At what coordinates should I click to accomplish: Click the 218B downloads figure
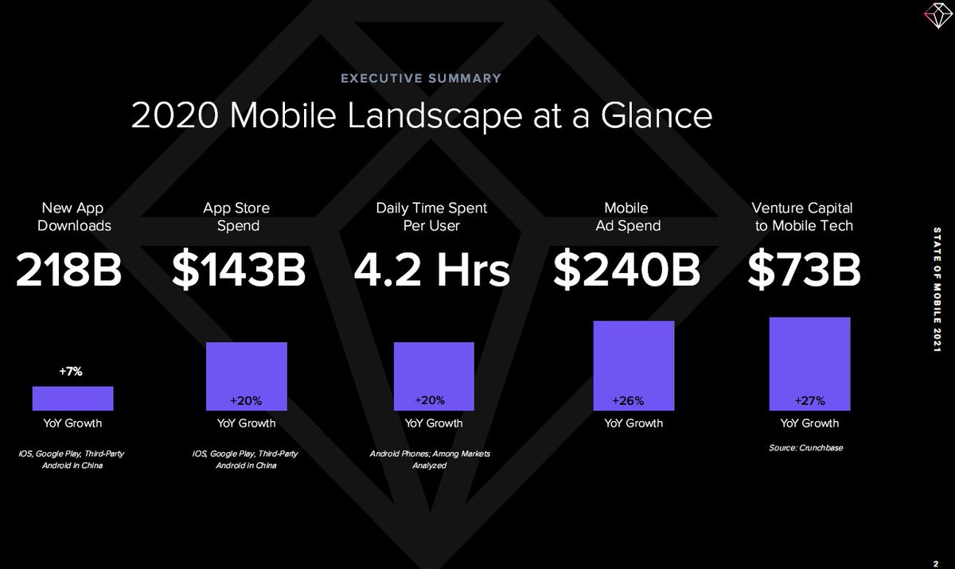(69, 271)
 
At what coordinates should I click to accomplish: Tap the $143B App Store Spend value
(239, 271)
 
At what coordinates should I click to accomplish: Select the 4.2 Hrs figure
(431, 271)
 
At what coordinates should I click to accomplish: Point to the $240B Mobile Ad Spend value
(627, 271)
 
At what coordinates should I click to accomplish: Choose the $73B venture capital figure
(804, 271)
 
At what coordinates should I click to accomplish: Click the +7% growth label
(71, 371)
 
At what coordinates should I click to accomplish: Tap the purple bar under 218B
(72, 398)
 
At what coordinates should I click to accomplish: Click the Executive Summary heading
(421, 78)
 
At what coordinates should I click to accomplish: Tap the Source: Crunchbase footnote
(805, 448)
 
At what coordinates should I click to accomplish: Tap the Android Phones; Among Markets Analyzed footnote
(431, 459)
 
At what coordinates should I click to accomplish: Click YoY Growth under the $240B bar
(633, 423)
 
